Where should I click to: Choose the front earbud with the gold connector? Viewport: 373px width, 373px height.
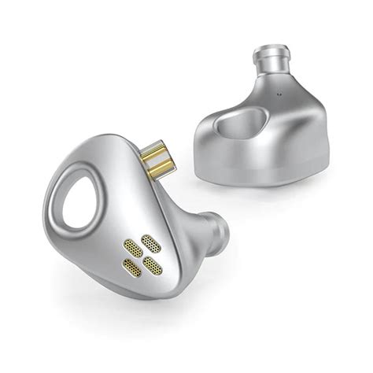coord(134,228)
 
